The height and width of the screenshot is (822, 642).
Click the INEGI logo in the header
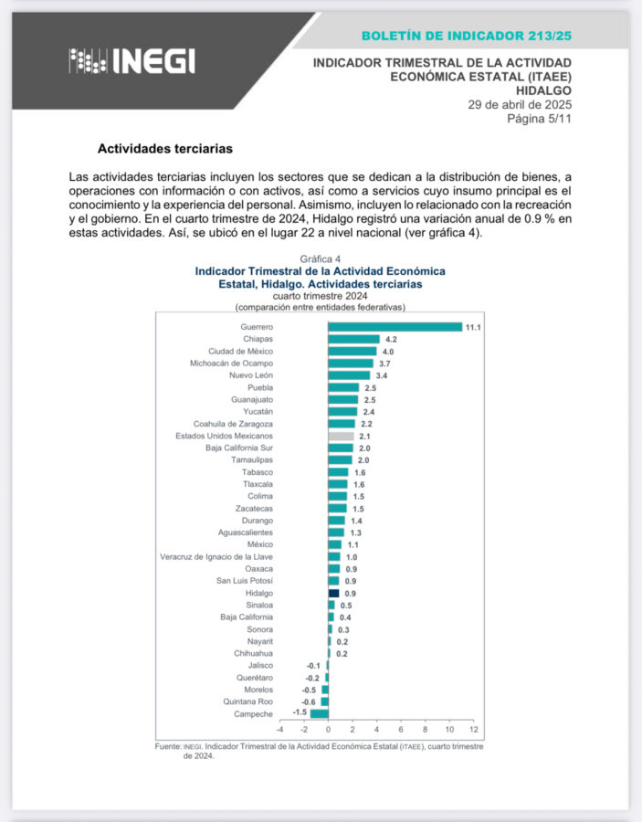132,60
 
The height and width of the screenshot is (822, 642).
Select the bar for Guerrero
395,327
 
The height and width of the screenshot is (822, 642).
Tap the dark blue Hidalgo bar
333,593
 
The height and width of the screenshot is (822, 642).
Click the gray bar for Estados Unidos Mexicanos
341,436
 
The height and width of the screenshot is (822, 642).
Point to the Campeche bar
319,713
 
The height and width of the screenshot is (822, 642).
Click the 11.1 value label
473,327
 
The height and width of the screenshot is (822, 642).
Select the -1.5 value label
299,713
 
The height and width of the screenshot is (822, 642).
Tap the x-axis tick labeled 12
473,731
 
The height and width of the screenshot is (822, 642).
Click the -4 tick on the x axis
279,731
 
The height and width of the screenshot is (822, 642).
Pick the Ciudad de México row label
240,351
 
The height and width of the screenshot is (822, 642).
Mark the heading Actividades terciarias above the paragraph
165,147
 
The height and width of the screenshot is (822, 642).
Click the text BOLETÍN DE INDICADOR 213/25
466,36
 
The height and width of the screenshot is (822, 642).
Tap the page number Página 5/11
539,118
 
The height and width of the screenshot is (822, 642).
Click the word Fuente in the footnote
168,746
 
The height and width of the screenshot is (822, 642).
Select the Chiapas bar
353,339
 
